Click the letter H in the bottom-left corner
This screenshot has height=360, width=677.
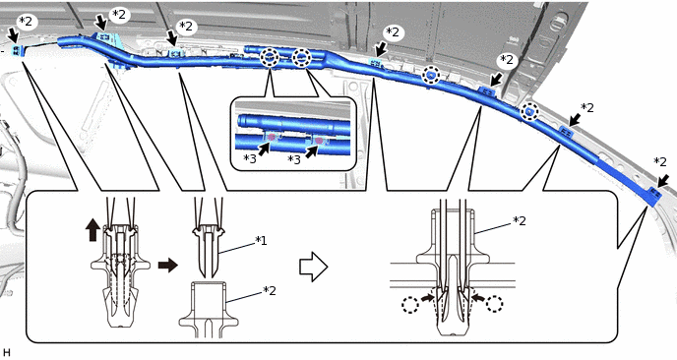(6, 352)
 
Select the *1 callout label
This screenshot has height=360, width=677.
(261, 240)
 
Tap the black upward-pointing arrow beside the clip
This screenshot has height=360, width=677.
(92, 230)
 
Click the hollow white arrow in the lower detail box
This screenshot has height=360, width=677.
(314, 267)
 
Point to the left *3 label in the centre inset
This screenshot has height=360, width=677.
(250, 158)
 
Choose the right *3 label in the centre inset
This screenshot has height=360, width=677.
(293, 159)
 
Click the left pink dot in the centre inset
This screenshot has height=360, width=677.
(272, 138)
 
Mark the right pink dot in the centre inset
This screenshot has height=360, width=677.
(319, 141)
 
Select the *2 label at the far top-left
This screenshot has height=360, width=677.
(26, 21)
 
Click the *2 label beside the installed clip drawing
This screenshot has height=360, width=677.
(520, 220)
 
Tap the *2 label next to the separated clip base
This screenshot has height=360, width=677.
(270, 290)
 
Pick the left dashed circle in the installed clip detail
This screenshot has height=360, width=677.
(409, 304)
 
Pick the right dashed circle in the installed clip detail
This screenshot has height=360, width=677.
(494, 304)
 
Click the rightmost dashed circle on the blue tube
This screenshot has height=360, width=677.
(529, 112)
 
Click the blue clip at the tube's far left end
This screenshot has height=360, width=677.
(17, 51)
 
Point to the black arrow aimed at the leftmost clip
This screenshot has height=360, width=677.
(12, 35)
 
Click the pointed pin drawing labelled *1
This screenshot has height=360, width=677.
(208, 252)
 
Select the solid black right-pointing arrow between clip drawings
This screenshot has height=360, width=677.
(168, 265)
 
